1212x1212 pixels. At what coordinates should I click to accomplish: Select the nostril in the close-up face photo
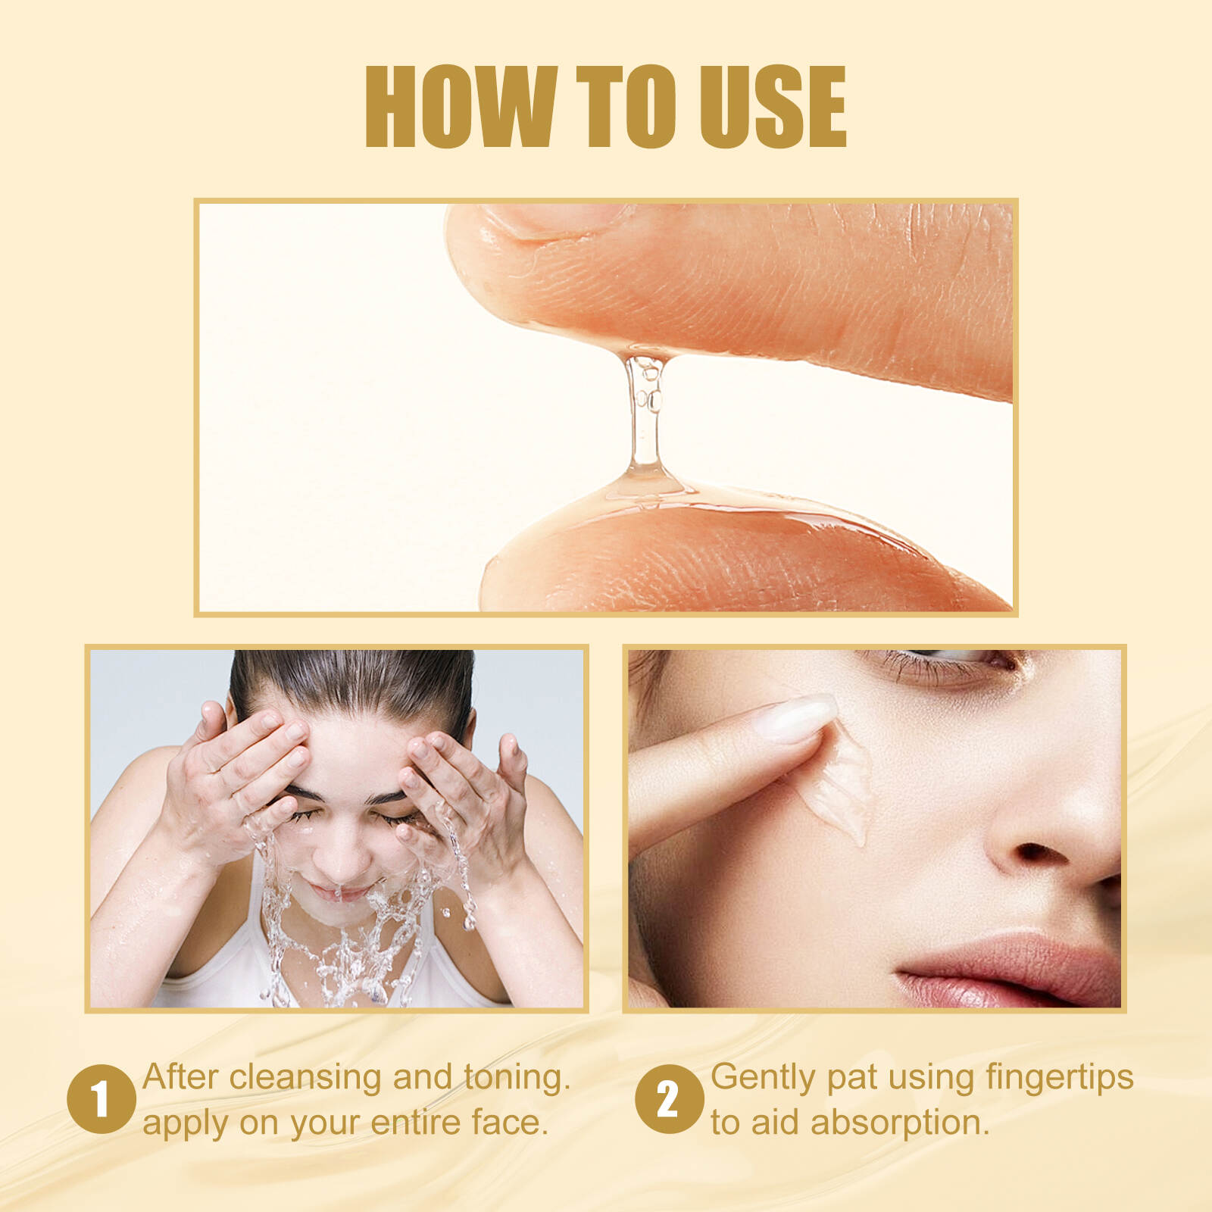[1042, 854]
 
